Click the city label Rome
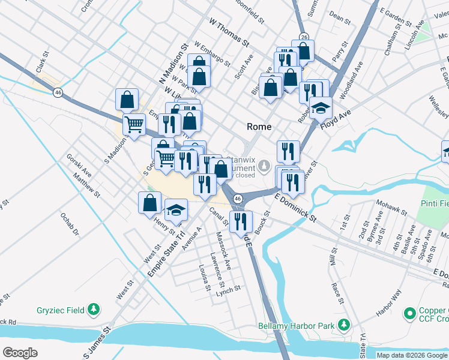tap(259, 127)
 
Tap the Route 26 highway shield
tap(304, 37)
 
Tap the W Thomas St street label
tap(229, 33)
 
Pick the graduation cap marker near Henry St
tap(176, 209)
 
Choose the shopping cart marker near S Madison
tap(134, 124)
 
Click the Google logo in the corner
tap(20, 353)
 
